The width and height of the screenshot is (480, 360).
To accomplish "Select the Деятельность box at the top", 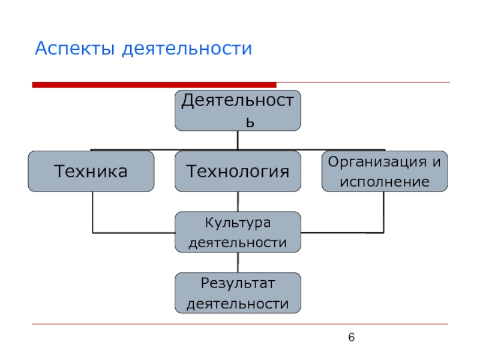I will point(238,110).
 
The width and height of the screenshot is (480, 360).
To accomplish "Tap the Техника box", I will point(91,171).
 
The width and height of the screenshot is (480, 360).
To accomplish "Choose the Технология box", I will point(238,171).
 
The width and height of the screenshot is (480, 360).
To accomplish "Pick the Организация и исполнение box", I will point(384,171).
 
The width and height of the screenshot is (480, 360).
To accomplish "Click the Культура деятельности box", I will point(238,232).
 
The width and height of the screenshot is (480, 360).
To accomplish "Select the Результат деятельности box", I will point(238,293).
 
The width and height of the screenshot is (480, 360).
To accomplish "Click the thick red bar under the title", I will point(154,85).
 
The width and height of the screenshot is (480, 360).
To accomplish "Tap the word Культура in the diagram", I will point(238,223).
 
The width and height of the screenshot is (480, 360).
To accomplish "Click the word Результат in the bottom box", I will point(238,283).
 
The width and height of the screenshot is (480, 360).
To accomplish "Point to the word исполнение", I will point(384,181).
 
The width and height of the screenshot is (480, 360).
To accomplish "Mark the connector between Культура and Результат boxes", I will point(238,262).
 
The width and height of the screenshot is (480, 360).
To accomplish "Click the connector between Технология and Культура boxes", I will point(238,202).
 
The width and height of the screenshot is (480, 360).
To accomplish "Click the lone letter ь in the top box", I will point(253,122).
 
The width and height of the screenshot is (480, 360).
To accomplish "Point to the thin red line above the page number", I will point(240,325).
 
